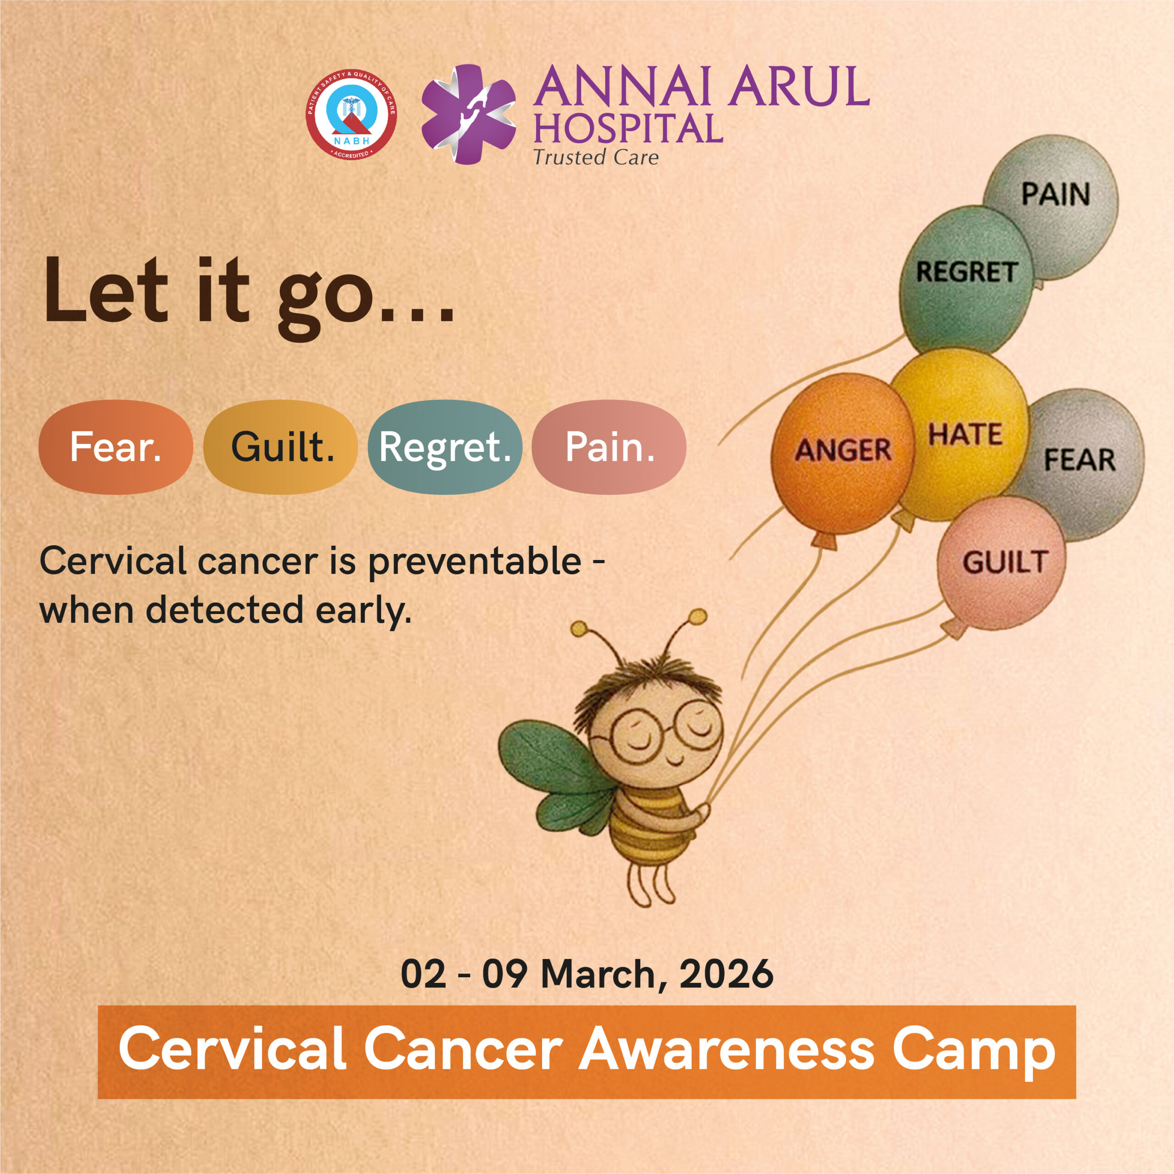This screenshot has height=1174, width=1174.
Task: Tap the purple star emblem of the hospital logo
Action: coord(469,114)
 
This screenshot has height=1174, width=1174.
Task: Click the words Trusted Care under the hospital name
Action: coord(596,157)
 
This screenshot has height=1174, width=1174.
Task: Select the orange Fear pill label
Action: coord(116,447)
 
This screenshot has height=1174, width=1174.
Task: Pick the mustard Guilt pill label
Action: coord(281,447)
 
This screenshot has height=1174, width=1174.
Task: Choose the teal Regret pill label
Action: coord(445,447)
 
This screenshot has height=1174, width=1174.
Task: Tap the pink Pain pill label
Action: coord(609,447)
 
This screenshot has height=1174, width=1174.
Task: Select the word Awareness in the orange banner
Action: coord(725,1049)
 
